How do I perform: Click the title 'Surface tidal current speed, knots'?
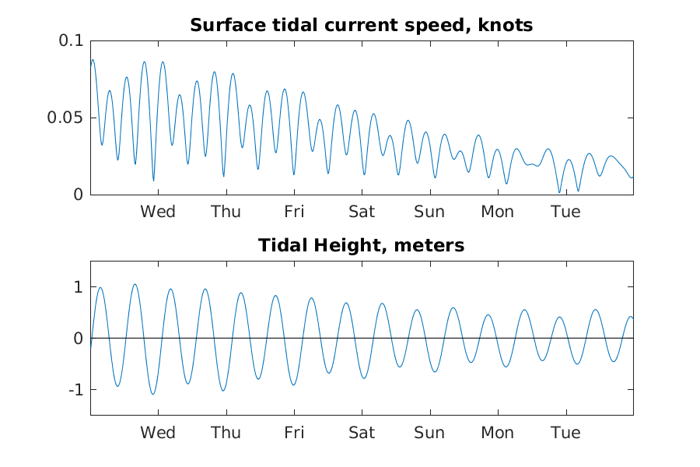coord(361,25)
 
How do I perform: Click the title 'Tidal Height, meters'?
coord(361,245)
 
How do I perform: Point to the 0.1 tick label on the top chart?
coord(71,40)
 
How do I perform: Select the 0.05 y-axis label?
coord(65,118)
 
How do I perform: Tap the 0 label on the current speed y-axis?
coord(79,195)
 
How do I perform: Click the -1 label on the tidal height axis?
coord(76,390)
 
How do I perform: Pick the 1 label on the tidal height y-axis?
coord(79,287)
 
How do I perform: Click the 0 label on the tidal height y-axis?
coord(79,339)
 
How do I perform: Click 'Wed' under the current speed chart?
coord(158,212)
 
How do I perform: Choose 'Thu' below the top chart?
coord(226,212)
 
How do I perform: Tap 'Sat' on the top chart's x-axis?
coord(362,212)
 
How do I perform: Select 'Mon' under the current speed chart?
coord(497,212)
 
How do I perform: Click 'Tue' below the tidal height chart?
coord(565,433)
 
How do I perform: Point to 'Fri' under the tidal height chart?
coord(294,433)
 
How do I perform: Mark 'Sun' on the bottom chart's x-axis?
coord(429,433)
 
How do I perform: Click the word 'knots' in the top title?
coord(506,25)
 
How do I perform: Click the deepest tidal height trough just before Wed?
coord(152,394)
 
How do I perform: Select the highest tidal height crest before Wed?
coord(135,284)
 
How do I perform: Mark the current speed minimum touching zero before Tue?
coord(559,192)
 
